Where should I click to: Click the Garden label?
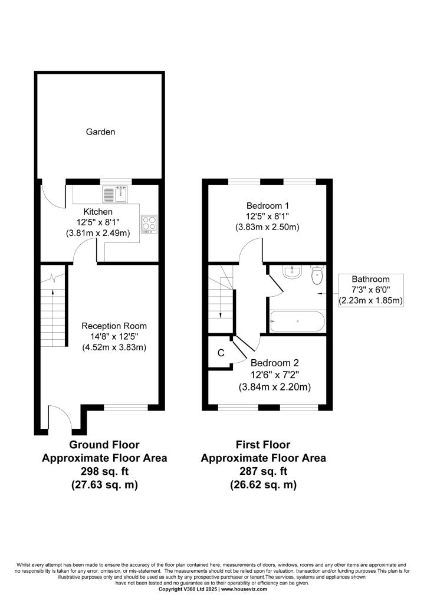click(x=100, y=132)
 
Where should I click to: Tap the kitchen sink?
click(x=115, y=194)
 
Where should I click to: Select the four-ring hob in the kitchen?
click(x=149, y=224)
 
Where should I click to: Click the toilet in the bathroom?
click(x=317, y=275)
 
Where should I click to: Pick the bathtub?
click(x=298, y=321)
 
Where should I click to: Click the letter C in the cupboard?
click(x=221, y=353)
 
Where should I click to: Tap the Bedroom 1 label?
click(x=268, y=206)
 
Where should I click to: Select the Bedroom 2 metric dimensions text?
click(x=275, y=387)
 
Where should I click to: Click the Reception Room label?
click(x=114, y=326)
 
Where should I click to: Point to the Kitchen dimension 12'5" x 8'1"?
click(x=98, y=222)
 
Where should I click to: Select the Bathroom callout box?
click(x=371, y=290)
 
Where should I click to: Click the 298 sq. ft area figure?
click(x=104, y=471)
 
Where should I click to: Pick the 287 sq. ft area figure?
click(x=264, y=471)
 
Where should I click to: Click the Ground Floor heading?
click(x=104, y=445)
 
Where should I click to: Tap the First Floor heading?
click(x=263, y=445)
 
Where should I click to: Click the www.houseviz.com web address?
click(x=244, y=589)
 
